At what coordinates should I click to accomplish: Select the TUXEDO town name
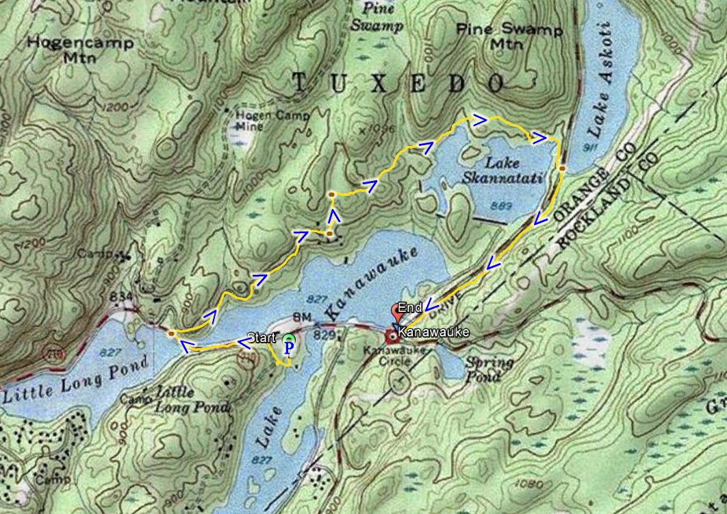pyautogui.click(x=399, y=83)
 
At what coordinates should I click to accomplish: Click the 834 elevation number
pyautogui.click(x=121, y=296)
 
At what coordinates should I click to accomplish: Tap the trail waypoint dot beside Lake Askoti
pyautogui.click(x=561, y=168)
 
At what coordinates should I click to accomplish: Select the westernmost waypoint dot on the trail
pyautogui.click(x=170, y=334)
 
